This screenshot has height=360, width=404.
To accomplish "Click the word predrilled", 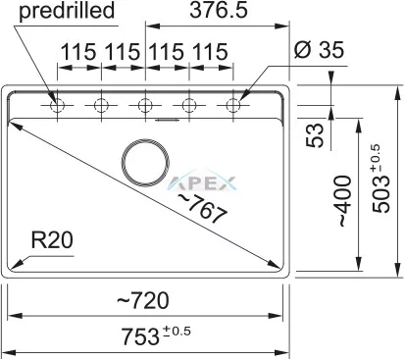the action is coord(67,11).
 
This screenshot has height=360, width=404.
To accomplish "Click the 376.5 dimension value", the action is coord(219,10).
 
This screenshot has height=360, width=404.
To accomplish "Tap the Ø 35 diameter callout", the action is coord(319,50).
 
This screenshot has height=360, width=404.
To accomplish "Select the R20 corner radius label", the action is coord(52,240).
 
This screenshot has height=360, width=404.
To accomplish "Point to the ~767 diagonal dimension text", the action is coord(202,208).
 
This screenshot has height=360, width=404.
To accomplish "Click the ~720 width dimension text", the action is coord(143,300).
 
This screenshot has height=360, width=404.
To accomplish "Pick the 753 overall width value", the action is coord(140,336).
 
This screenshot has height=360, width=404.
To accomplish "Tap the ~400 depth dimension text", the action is coord(344,201).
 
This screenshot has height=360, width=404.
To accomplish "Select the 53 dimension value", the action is coord(315,135).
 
